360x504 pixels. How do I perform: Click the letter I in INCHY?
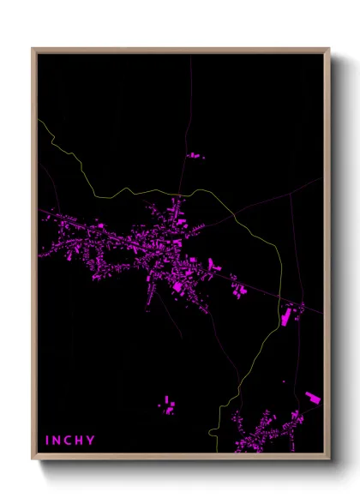(x=47, y=441)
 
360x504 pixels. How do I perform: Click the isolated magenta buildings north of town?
(x=195, y=156)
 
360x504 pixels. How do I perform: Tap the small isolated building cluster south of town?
(x=168, y=405)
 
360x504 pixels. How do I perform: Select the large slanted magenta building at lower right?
(x=313, y=397)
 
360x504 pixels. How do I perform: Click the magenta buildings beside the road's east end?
(x=287, y=317)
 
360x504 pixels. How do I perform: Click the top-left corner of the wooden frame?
(x=33, y=50)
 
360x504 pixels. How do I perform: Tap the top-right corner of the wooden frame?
(x=328, y=50)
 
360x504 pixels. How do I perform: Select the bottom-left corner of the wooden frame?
(x=33, y=459)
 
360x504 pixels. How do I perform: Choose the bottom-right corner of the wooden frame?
(x=328, y=459)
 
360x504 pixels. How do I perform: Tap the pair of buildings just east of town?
(x=240, y=291)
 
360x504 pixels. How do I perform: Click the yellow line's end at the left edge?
(x=39, y=119)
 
